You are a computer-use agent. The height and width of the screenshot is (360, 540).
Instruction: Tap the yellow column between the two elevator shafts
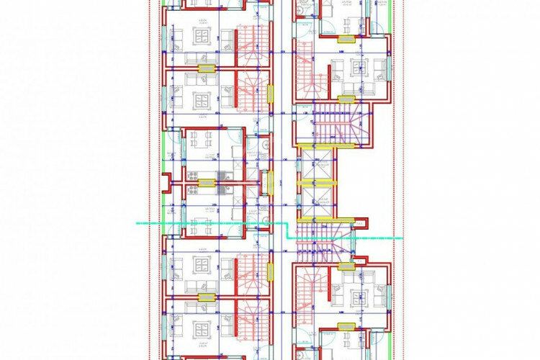(317, 183)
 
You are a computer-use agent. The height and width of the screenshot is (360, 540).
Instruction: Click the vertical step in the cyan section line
(289, 230)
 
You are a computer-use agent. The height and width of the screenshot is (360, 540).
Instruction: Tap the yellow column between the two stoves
(205, 183)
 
